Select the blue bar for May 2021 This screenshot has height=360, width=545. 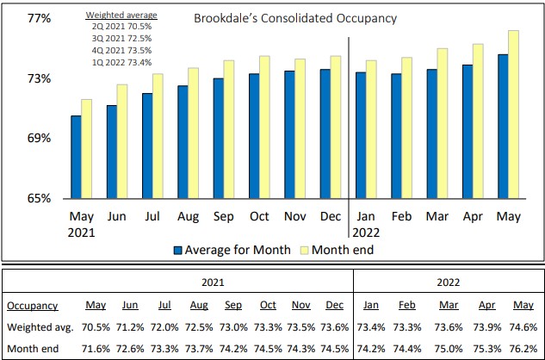76,156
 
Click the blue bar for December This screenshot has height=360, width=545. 325,133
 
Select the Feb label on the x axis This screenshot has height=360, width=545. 402,216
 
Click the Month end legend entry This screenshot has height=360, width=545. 340,250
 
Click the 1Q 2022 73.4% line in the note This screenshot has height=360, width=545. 121,62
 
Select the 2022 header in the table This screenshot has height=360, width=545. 448,280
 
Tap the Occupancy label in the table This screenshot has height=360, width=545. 32,305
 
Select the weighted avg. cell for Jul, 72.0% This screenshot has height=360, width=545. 164,327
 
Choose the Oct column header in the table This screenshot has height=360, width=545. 267,305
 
